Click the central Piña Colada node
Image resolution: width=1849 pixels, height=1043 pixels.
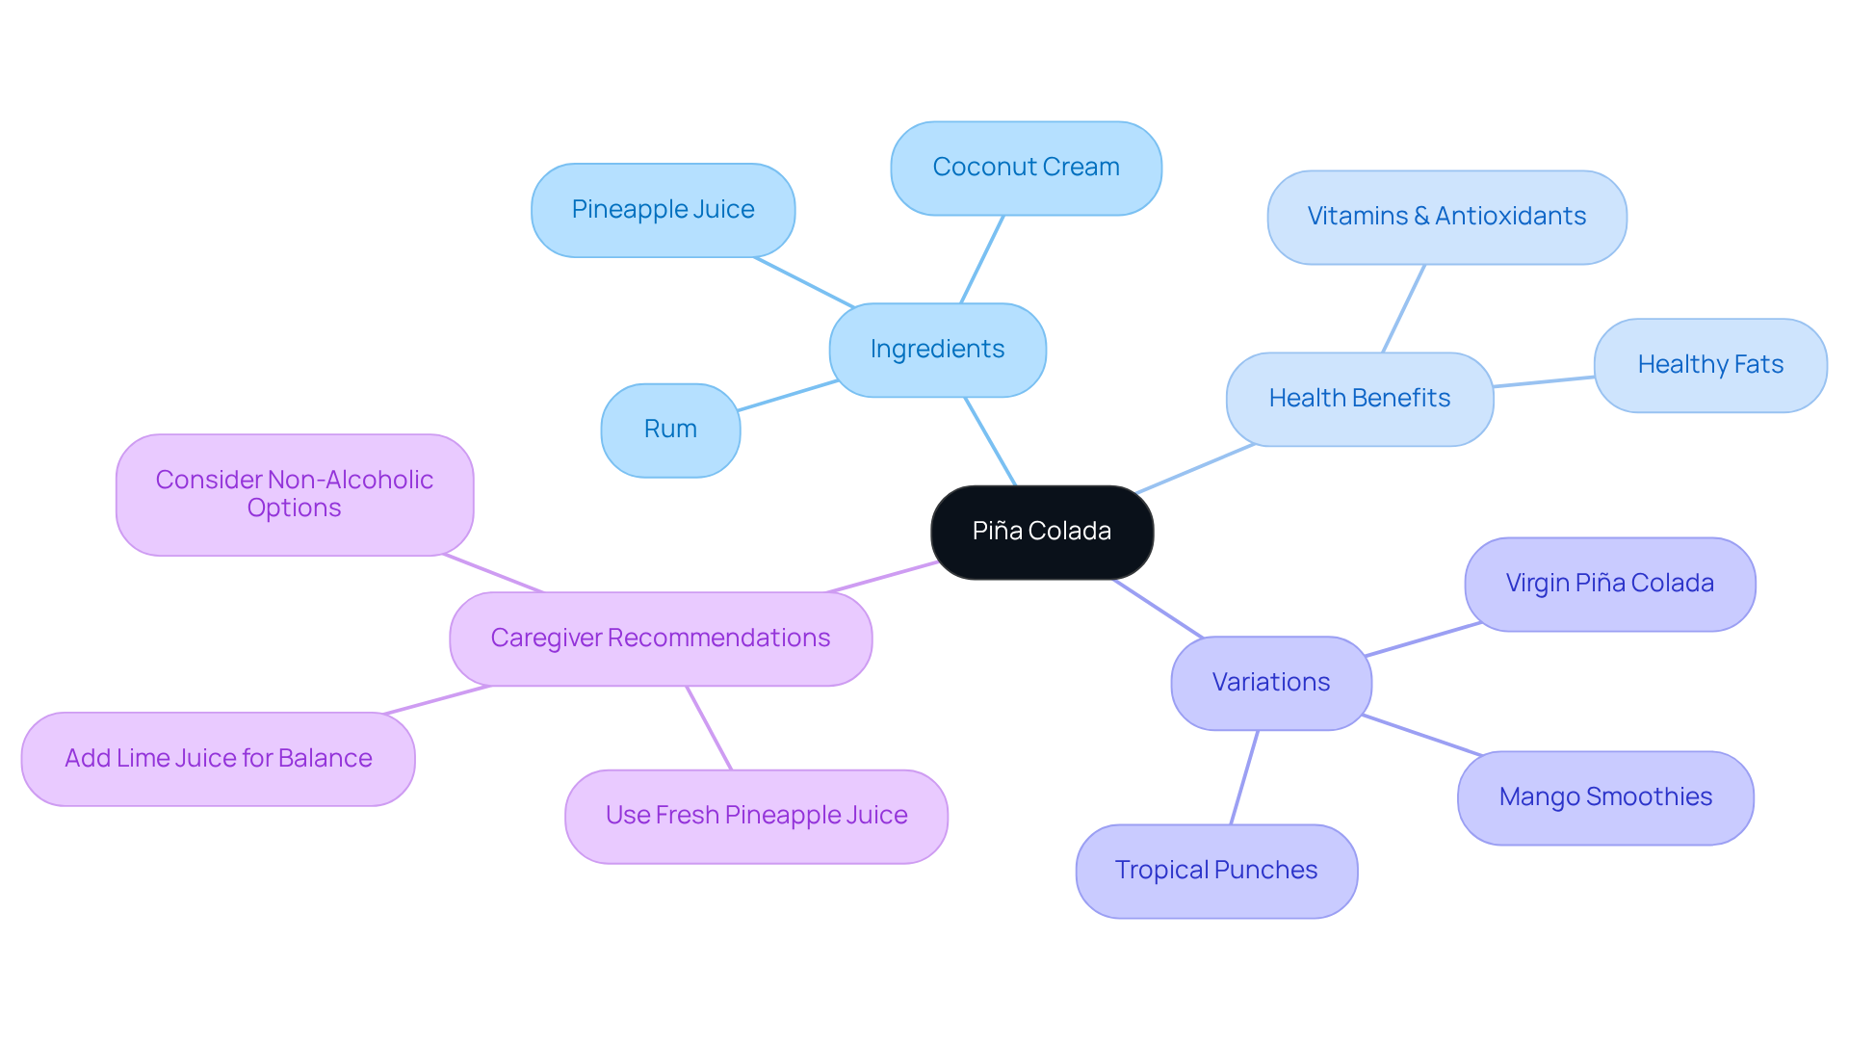pos(1041,532)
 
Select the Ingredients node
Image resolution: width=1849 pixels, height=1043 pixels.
pos(937,350)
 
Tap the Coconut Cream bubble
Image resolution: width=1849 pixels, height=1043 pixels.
pos(1026,168)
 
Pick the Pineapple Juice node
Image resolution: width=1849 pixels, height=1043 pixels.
pos(663,210)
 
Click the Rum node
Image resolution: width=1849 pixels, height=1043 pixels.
pos(670,430)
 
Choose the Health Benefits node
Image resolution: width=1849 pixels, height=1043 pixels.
pos(1359,399)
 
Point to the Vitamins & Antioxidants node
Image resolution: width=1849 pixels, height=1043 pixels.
pos(1446,217)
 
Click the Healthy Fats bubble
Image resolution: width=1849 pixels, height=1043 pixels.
pos(1709,365)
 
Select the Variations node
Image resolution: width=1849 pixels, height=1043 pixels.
pos(1270,683)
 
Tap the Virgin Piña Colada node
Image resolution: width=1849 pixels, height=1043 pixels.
pos(1609,584)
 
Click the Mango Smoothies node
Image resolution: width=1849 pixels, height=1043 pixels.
pos(1604,797)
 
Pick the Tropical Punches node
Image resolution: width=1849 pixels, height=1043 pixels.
pos(1215,871)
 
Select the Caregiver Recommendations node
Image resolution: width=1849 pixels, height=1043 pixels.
pos(660,639)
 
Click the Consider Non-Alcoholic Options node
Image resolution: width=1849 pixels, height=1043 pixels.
pos(294,494)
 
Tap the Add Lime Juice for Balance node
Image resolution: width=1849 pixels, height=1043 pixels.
pos(218,759)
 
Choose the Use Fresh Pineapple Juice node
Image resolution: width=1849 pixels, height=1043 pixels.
pos(756,816)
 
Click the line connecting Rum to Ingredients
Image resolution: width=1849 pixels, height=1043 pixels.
pos(788,395)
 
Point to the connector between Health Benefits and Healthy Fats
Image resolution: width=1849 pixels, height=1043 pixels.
pos(1544,381)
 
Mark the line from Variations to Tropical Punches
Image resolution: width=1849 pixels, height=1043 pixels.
pos(1244,777)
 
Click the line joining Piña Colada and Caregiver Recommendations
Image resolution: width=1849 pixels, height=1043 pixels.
pos(881,577)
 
